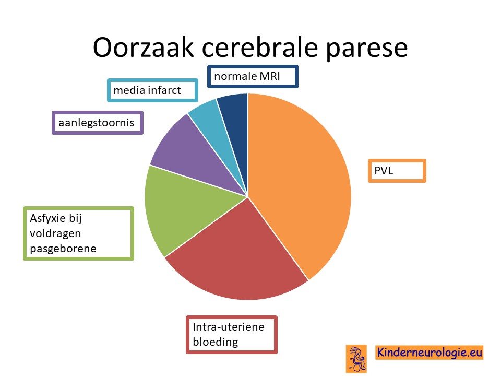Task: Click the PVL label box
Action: coord(397,171)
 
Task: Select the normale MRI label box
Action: coord(253,76)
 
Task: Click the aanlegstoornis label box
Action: coord(98,123)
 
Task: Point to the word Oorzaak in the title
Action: coord(143,48)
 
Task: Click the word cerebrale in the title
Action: coord(260,48)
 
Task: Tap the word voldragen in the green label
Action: coord(55,234)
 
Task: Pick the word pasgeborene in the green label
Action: coord(63,249)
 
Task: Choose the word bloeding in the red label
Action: coord(216,342)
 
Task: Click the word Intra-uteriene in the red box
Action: coord(229,327)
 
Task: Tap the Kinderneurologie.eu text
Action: coord(429,352)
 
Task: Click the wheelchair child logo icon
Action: coord(356,359)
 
